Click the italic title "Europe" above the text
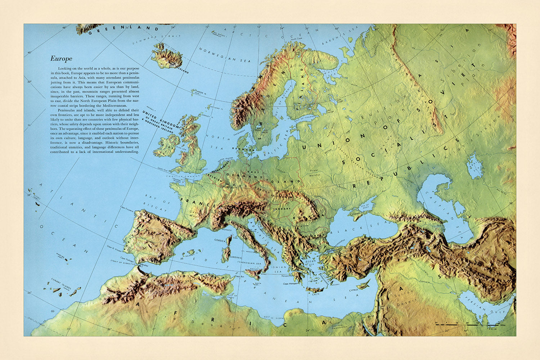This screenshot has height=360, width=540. [61, 59]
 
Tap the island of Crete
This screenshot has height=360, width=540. [316, 290]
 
